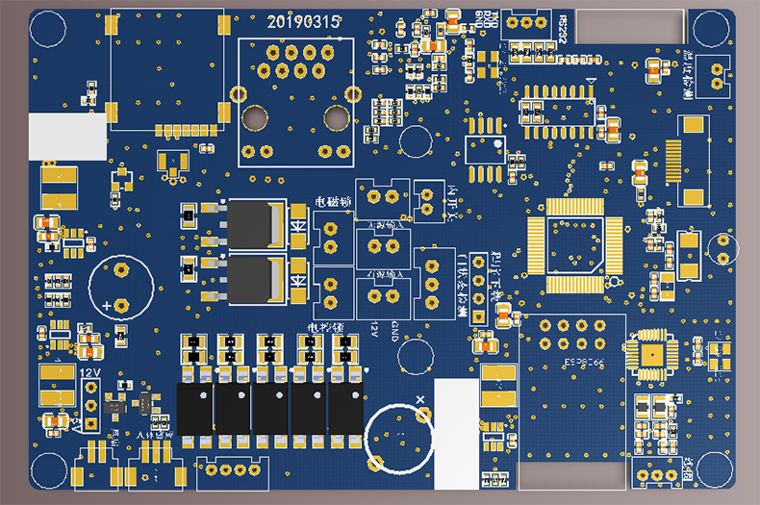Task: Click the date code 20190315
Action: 302,21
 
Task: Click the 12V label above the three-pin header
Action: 89,371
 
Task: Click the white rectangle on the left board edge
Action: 67,137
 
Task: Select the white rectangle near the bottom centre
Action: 456,424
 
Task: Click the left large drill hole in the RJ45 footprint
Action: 256,117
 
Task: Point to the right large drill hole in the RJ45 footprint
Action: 336,117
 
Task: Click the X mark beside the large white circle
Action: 419,397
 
